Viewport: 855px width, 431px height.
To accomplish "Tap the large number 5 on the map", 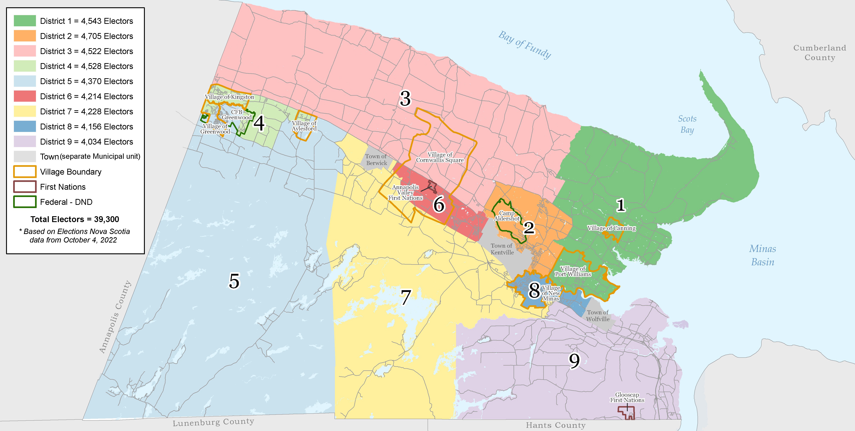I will click(x=234, y=281).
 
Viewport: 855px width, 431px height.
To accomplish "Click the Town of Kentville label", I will click(x=502, y=249).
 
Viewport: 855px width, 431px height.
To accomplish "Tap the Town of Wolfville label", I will click(x=598, y=316).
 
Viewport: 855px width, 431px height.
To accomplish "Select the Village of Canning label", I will click(x=611, y=228).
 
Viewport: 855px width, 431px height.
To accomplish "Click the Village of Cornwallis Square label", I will click(x=440, y=157).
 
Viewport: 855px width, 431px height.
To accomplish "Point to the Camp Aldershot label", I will click(x=507, y=216).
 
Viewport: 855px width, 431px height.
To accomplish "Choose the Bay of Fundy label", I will click(x=524, y=45).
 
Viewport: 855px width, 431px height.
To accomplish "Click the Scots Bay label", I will click(x=687, y=124).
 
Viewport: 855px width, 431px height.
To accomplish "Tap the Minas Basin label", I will click(x=762, y=255).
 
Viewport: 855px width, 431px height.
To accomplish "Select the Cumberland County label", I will click(x=819, y=52).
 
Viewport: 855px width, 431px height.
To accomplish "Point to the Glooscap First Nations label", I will click(x=627, y=397).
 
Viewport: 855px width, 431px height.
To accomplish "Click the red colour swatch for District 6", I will click(x=25, y=96).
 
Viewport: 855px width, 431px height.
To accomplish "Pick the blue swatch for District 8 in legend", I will click(x=25, y=126).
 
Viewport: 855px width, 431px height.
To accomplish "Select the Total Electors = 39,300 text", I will click(x=75, y=219).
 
